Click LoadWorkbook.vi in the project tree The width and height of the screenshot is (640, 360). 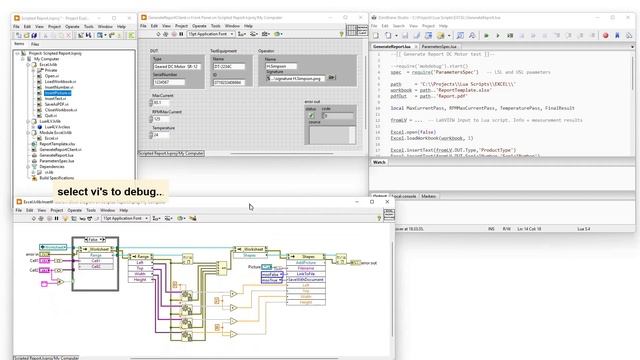click(59, 81)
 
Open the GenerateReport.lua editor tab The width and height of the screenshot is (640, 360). click(393, 46)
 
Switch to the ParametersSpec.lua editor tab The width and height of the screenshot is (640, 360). click(441, 46)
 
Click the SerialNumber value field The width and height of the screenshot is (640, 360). click(164, 82)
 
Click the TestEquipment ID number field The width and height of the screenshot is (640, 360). click(230, 82)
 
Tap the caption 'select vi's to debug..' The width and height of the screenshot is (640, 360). click(110, 191)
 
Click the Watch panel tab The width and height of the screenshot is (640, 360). click(380, 161)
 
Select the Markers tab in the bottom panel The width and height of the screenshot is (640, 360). click(428, 196)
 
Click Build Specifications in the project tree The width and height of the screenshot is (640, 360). click(53, 178)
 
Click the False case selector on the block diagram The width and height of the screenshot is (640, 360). click(94, 240)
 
